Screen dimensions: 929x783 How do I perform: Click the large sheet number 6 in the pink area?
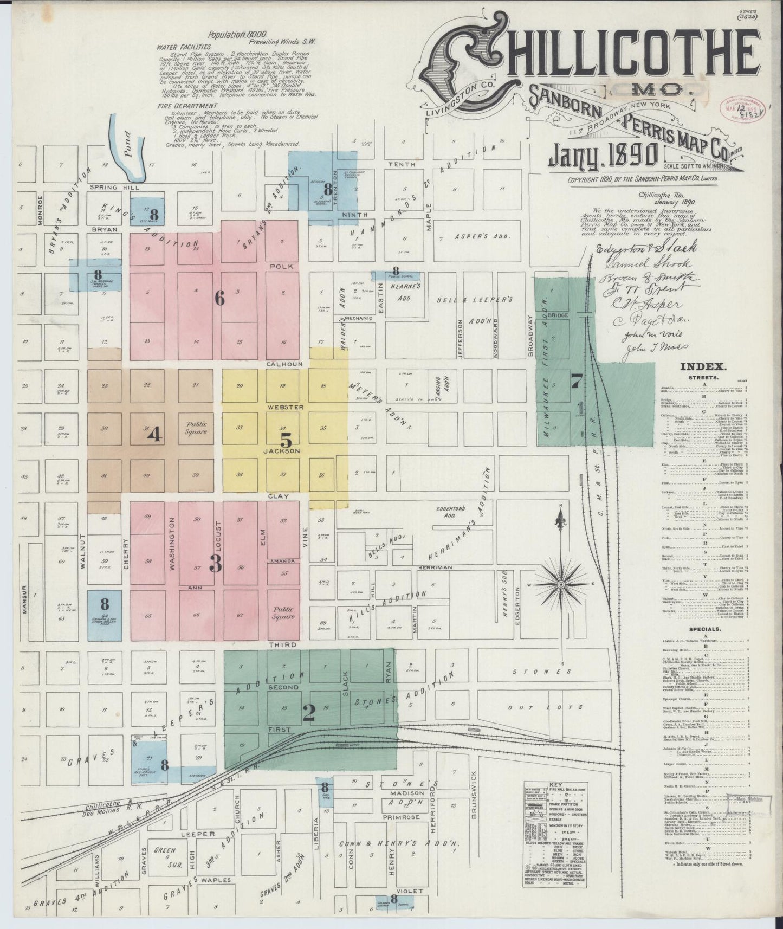219,298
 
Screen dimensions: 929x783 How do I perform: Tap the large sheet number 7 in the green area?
575,382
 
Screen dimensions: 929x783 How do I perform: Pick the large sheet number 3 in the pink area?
215,564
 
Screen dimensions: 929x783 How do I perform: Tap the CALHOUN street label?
284,364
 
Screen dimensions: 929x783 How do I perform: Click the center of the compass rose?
560,585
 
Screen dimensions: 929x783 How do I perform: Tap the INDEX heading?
704,366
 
